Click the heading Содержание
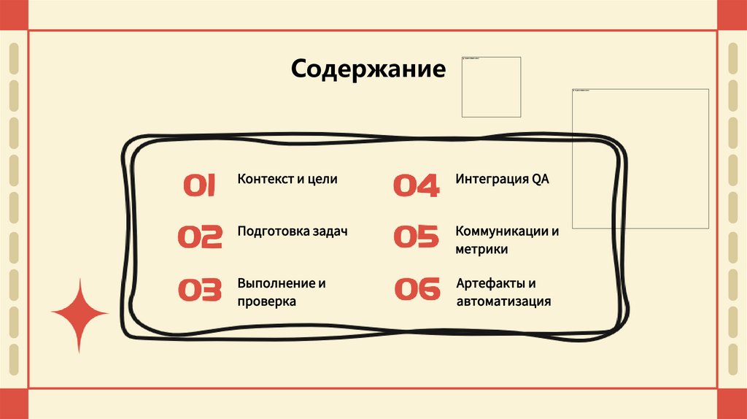point(368,69)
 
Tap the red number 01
point(199,186)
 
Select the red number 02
point(200,237)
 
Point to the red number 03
point(200,290)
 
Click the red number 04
point(417,186)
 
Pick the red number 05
point(417,237)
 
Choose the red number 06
point(417,290)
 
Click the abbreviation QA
point(540,179)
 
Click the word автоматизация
point(503,301)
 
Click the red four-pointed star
point(80,315)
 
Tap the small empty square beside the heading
point(491,87)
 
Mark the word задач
point(328,231)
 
